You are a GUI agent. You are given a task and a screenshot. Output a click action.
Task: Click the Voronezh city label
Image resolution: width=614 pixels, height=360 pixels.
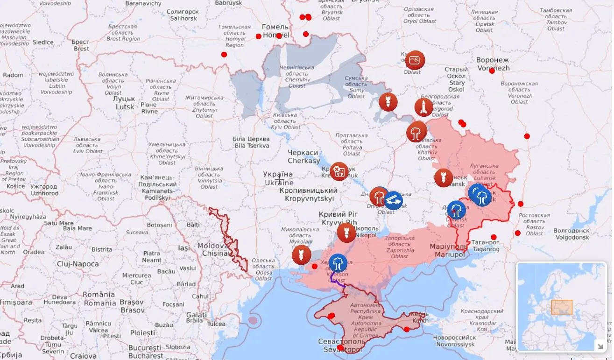tap(493, 64)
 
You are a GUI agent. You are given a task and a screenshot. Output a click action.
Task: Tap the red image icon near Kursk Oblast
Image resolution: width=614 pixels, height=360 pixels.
tap(415, 60)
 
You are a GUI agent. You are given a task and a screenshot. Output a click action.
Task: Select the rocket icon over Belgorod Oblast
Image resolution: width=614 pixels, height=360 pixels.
tap(423, 107)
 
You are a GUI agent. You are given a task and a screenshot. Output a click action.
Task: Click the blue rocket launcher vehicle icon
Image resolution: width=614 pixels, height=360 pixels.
tap(394, 201)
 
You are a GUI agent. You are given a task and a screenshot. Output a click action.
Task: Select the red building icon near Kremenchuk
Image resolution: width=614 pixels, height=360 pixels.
tap(339, 171)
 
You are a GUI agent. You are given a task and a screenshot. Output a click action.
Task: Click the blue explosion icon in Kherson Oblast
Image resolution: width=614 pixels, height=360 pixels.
tap(338, 263)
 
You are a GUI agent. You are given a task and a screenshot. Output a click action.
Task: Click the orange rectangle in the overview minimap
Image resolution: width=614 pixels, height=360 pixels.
tap(562, 307)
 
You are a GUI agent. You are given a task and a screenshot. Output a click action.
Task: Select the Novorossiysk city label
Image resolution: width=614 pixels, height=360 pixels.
tap(454, 341)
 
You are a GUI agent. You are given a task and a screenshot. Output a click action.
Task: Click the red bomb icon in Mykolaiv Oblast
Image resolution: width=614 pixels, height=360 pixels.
tap(301, 255)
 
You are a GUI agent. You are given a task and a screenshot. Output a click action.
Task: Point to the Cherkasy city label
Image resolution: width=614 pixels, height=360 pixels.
tap(303, 157)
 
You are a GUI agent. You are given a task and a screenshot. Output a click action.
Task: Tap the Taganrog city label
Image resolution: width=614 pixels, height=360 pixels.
tap(485, 246)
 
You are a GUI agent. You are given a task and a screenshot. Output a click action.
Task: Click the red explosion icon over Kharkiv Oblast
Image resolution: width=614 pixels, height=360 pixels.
tap(416, 132)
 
